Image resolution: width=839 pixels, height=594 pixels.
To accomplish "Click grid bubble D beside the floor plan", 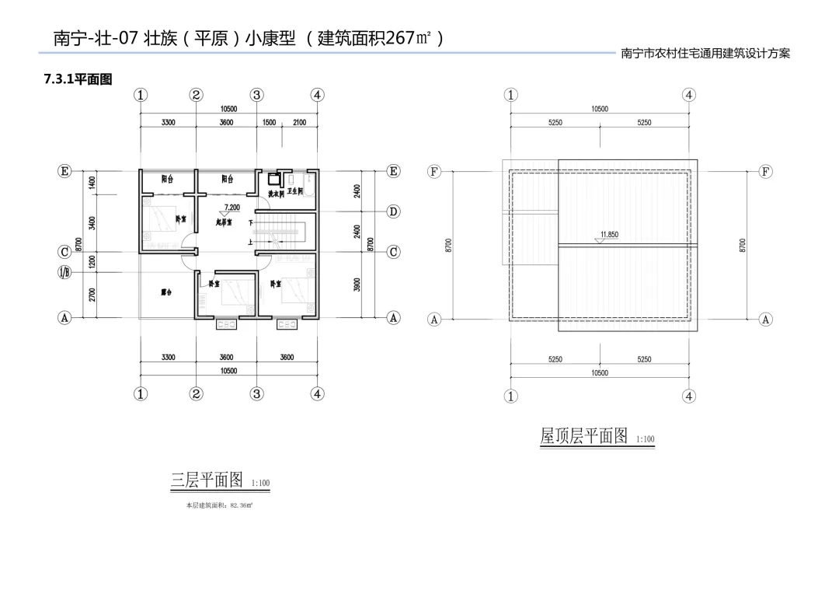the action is [x=394, y=211].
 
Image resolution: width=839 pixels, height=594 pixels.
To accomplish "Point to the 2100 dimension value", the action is [x=300, y=123].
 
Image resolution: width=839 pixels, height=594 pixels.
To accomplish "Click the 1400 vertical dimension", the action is [x=92, y=182].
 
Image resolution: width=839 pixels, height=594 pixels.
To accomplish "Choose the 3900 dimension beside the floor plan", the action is [x=357, y=285].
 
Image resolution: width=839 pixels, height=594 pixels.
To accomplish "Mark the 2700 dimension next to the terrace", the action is [x=92, y=295].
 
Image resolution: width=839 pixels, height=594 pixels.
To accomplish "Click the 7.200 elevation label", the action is [x=232, y=208].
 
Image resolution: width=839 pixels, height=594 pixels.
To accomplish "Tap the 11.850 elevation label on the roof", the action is [x=609, y=234].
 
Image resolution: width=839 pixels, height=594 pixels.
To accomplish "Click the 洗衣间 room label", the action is [x=277, y=194].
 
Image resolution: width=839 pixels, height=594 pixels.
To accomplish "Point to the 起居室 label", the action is [x=225, y=222].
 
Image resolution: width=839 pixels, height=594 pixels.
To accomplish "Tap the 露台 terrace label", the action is [x=165, y=292].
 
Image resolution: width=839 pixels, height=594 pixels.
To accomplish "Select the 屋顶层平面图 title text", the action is [x=583, y=436].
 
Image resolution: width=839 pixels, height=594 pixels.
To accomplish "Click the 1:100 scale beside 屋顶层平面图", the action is [x=646, y=440].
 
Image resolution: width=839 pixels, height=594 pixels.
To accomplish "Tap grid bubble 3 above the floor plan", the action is [x=256, y=95].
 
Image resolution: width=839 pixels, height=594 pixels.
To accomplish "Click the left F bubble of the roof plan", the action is [x=434, y=171].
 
